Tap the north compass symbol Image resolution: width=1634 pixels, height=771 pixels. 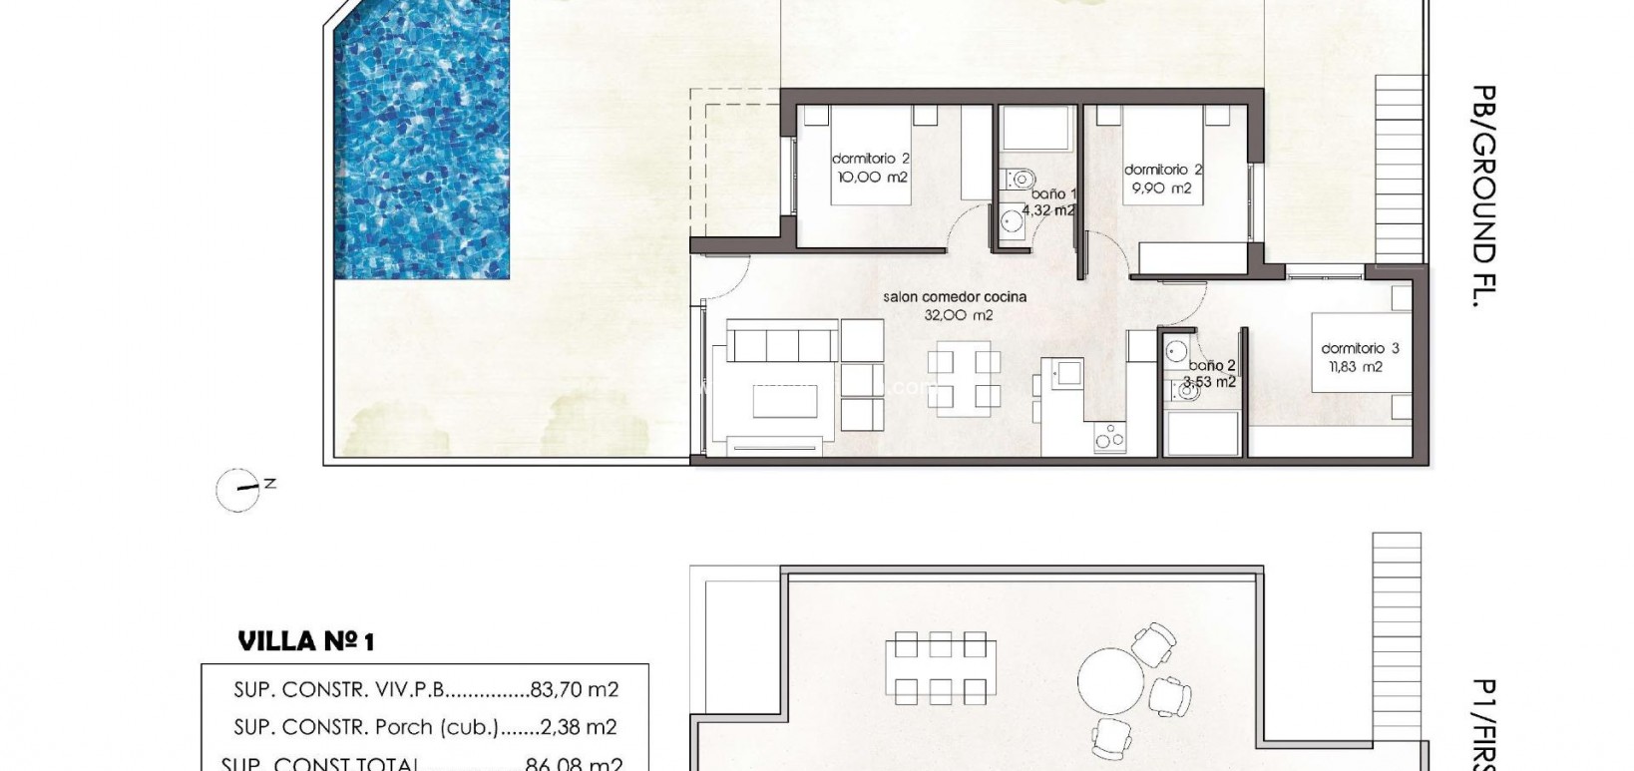pyautogui.click(x=239, y=490)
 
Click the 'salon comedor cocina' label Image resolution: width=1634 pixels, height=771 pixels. pyautogui.click(x=955, y=296)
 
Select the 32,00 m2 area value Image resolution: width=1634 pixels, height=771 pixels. pyautogui.click(x=959, y=315)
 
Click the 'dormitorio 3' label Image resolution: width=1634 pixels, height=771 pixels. pyautogui.click(x=1360, y=348)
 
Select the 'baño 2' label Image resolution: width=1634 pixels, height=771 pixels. pyautogui.click(x=1212, y=366)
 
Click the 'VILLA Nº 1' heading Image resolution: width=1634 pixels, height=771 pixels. pyautogui.click(x=305, y=640)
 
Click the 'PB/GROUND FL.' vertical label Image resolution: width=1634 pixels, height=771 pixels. pyautogui.click(x=1485, y=194)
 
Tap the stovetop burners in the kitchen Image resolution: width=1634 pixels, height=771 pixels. pyautogui.click(x=1108, y=437)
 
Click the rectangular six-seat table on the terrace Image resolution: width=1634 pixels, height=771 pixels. pyautogui.click(x=941, y=666)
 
